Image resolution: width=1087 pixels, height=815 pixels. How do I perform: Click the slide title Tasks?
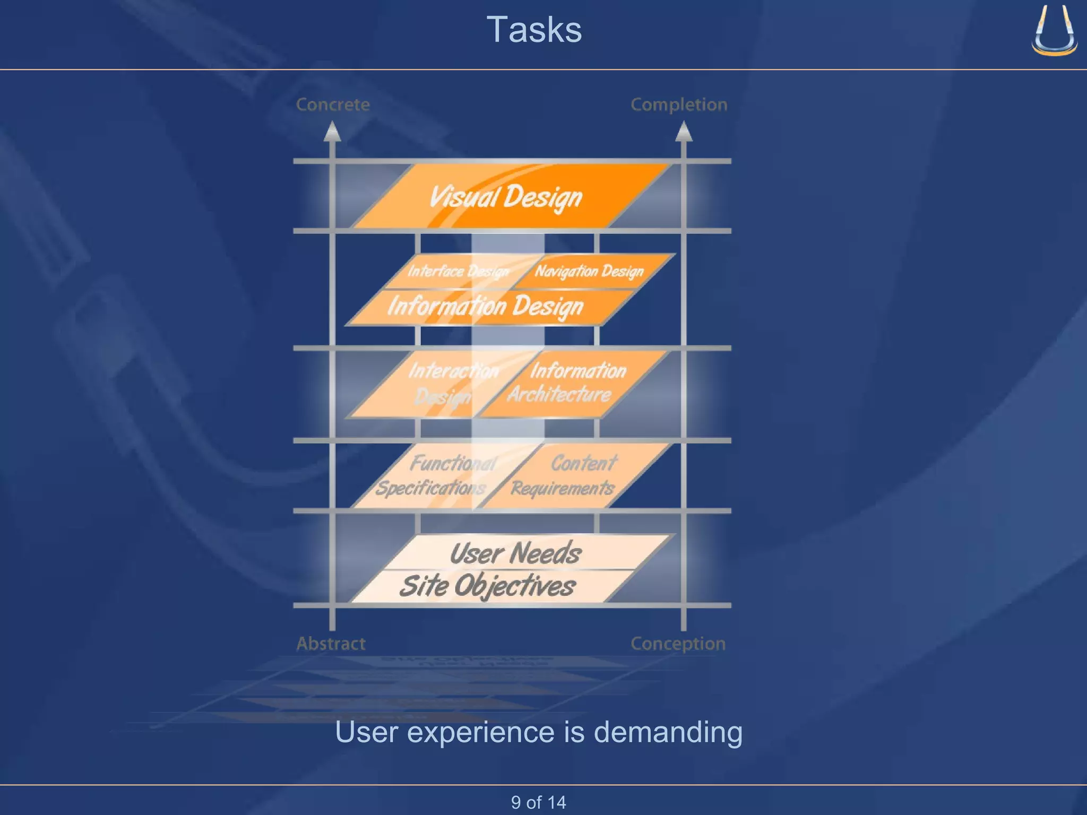pos(534,30)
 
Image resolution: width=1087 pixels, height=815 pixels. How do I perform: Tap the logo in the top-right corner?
pos(1054,31)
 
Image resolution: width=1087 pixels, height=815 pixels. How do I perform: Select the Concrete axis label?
pos(333,105)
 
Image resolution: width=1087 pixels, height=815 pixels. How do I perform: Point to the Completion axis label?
pos(679,105)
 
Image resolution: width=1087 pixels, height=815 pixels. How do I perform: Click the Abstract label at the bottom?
pos(331,644)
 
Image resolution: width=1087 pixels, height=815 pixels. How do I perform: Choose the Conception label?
pos(678,644)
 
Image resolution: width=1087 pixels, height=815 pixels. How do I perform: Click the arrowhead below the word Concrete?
pos(332,132)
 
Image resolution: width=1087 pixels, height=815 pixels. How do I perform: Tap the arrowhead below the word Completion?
pos(684,132)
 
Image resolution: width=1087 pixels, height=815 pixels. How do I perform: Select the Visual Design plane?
pos(507,196)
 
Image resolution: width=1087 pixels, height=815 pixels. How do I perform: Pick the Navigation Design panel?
pos(589,271)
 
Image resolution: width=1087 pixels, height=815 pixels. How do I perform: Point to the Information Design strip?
pos(486,307)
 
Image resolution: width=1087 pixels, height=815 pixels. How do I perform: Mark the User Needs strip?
pos(516,553)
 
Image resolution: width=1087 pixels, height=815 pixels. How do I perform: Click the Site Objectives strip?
pos(487,586)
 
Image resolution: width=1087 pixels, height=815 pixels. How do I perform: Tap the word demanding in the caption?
pos(668,732)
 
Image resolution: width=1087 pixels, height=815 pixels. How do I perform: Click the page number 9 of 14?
pos(538,802)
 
